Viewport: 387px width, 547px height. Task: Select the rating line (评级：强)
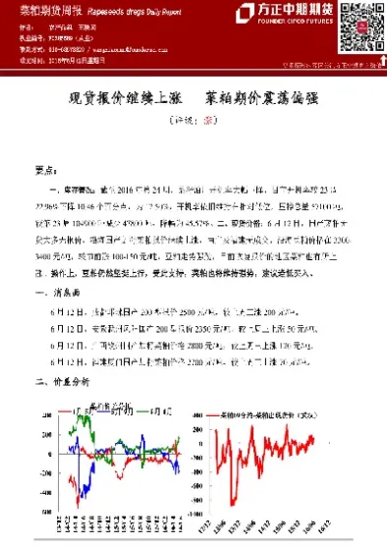[x=193, y=125]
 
